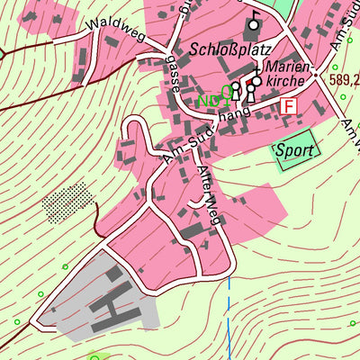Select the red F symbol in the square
pos(289,106)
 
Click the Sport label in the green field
pos(295,150)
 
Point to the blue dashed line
pos(230,315)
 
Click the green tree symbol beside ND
pos(224,93)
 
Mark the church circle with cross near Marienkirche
pos(256,81)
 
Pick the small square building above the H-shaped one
pos(115,271)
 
